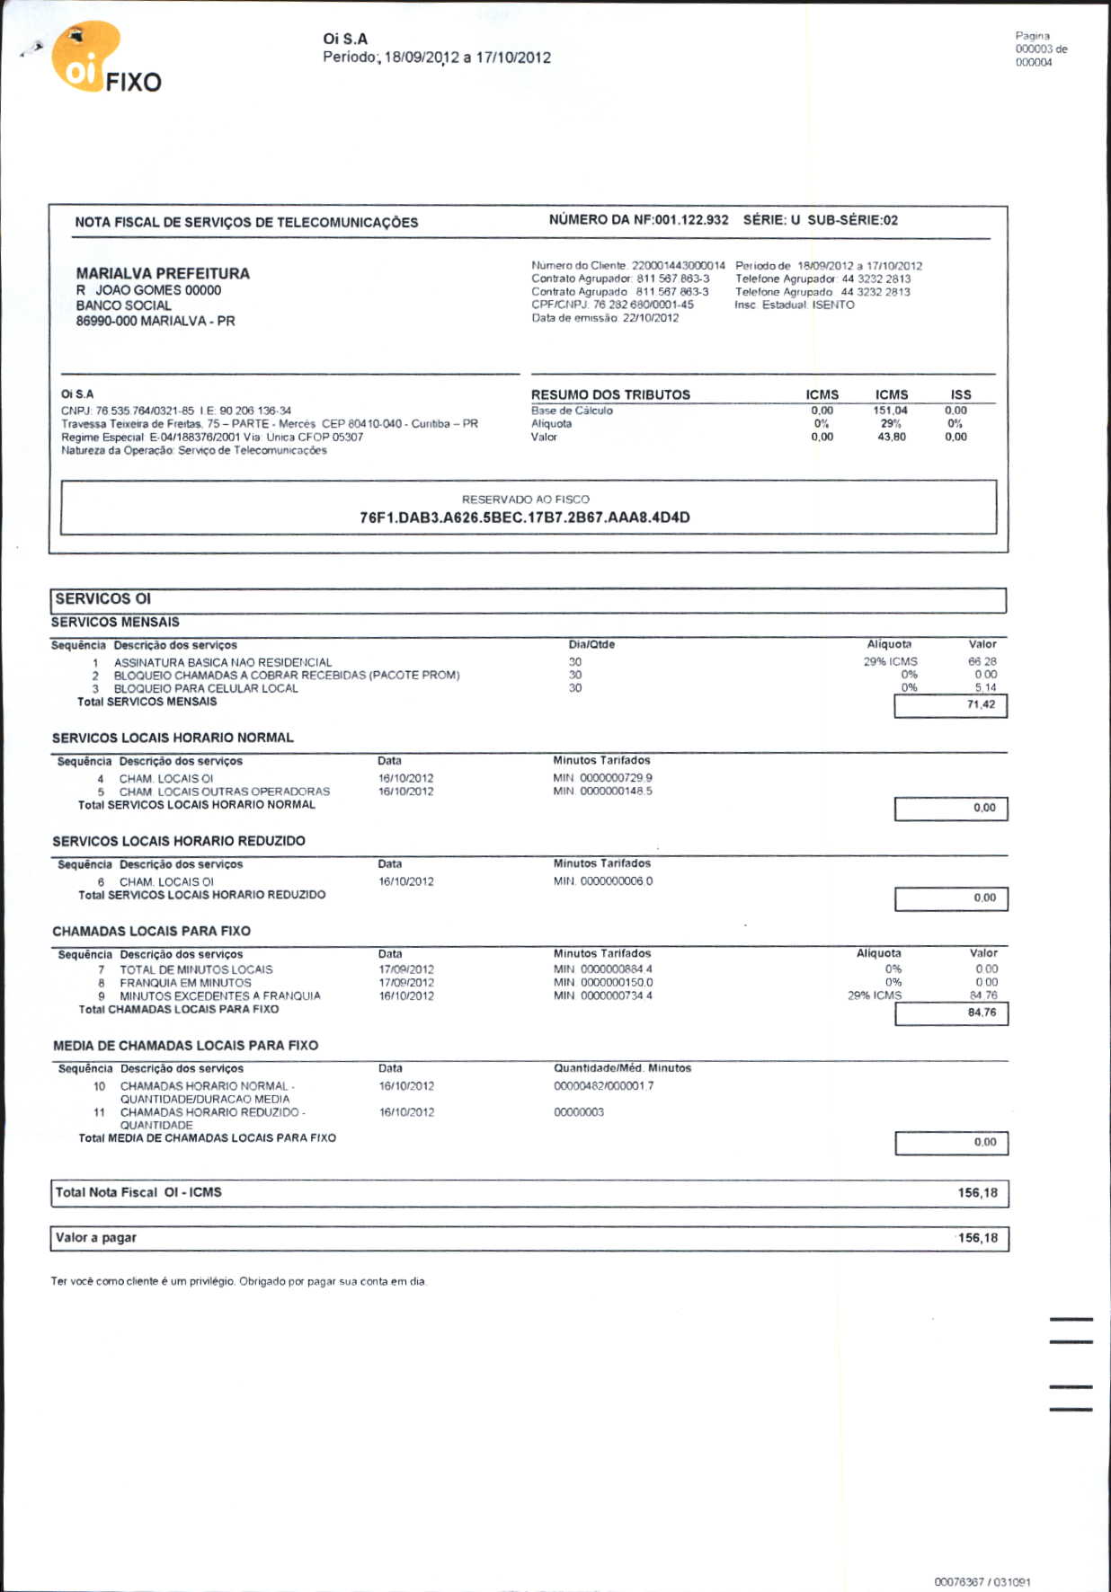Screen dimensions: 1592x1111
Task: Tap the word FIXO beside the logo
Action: point(134,83)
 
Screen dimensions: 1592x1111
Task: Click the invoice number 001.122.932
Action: point(691,220)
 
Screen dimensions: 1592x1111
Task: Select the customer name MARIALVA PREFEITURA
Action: point(163,273)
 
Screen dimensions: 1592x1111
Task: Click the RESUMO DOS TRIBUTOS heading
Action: point(610,394)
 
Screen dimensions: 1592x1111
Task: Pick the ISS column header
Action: point(961,394)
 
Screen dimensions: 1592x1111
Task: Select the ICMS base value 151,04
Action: point(890,411)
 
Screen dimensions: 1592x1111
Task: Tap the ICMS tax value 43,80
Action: point(891,438)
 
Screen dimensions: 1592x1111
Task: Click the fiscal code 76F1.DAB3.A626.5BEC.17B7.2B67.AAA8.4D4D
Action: point(525,517)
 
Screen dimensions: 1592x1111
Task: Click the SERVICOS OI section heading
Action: point(103,599)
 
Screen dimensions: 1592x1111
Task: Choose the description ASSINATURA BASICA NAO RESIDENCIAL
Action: point(223,662)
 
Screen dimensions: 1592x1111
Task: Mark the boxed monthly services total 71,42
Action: point(981,705)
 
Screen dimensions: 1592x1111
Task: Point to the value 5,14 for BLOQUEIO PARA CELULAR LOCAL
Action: point(985,688)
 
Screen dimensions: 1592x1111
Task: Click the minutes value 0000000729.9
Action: point(616,778)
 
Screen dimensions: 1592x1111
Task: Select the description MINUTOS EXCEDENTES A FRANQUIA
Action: point(220,996)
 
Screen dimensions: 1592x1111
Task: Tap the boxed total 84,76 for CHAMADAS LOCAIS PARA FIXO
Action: point(982,1013)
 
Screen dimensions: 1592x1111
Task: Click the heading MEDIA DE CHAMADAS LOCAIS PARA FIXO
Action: point(185,1046)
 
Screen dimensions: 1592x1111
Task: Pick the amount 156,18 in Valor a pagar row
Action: point(977,1238)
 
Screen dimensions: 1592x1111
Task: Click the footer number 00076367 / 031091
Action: point(982,1582)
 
